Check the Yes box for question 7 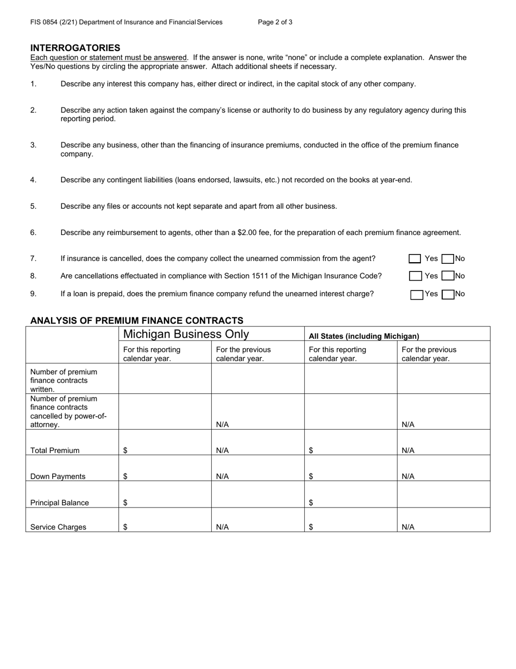pos(415,259)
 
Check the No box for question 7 pos(448,259)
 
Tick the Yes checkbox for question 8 pos(415,276)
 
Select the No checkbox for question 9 pos(448,294)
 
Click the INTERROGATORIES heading pos(75,48)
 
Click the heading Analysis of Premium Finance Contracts pos(137,320)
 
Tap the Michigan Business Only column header pos(186,334)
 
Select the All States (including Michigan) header pos(364,336)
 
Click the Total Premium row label pos(55,450)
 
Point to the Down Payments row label pos(58,476)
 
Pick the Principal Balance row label pos(59,503)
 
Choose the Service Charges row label pos(58,527)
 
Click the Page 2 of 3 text pos(275,22)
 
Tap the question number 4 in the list pos(33,180)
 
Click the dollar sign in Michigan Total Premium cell pos(125,450)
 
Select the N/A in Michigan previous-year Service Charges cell pos(222,527)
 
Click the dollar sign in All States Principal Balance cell pos(311,503)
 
